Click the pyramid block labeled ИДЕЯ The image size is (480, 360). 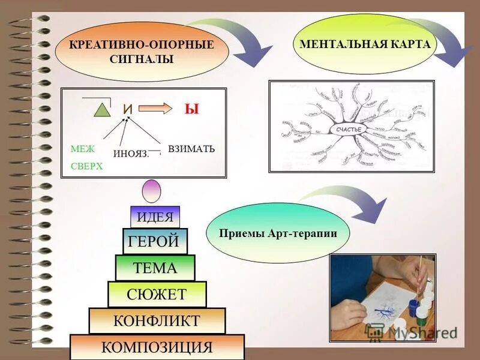[155, 217]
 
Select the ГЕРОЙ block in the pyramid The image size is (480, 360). [155, 242]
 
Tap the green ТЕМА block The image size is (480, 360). [155, 268]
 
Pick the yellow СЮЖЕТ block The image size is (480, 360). [157, 294]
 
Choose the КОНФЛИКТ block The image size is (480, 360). [157, 320]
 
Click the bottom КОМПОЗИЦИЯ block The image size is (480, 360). [157, 347]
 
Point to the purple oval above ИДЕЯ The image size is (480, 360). [151, 191]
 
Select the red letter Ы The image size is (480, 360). [191, 109]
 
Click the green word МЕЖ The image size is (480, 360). [82, 149]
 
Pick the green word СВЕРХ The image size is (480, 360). [86, 167]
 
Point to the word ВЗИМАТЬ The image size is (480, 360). [191, 148]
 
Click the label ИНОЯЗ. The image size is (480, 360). [130, 154]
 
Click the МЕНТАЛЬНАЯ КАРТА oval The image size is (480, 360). [365, 45]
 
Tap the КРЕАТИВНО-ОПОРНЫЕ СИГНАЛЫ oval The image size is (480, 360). [142, 52]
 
